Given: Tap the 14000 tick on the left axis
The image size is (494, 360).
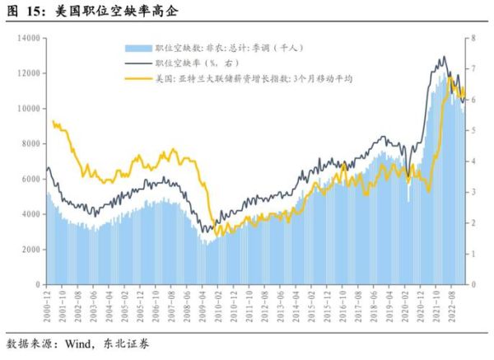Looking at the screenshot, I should click(x=29, y=38).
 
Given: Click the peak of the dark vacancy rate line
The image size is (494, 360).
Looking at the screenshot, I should click(x=444, y=57).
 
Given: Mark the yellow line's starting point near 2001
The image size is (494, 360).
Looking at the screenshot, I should click(x=53, y=121).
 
